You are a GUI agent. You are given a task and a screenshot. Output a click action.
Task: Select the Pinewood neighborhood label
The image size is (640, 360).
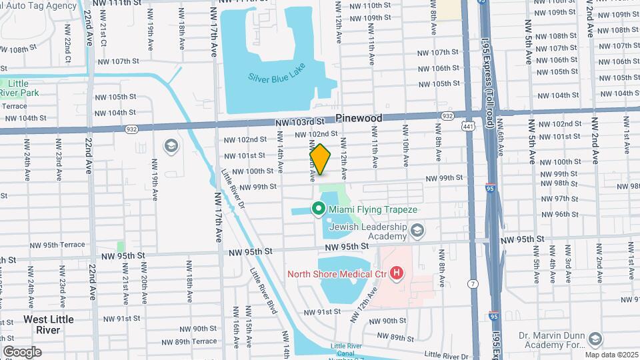click(x=359, y=118)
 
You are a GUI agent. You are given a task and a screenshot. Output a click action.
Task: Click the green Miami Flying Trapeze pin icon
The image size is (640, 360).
click(x=319, y=209)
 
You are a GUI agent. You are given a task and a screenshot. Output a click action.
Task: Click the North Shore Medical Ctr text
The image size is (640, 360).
click(x=338, y=273)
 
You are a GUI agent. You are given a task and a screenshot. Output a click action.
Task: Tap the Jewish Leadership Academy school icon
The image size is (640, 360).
click(x=417, y=231)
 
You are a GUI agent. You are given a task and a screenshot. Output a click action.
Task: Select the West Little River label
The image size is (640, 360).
click(x=48, y=325)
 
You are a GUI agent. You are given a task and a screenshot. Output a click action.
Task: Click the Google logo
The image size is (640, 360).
click(x=22, y=351)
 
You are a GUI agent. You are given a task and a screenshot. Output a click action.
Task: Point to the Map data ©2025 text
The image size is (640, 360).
click(x=611, y=355)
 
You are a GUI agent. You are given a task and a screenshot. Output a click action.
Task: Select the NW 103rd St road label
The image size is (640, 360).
click(x=299, y=122)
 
